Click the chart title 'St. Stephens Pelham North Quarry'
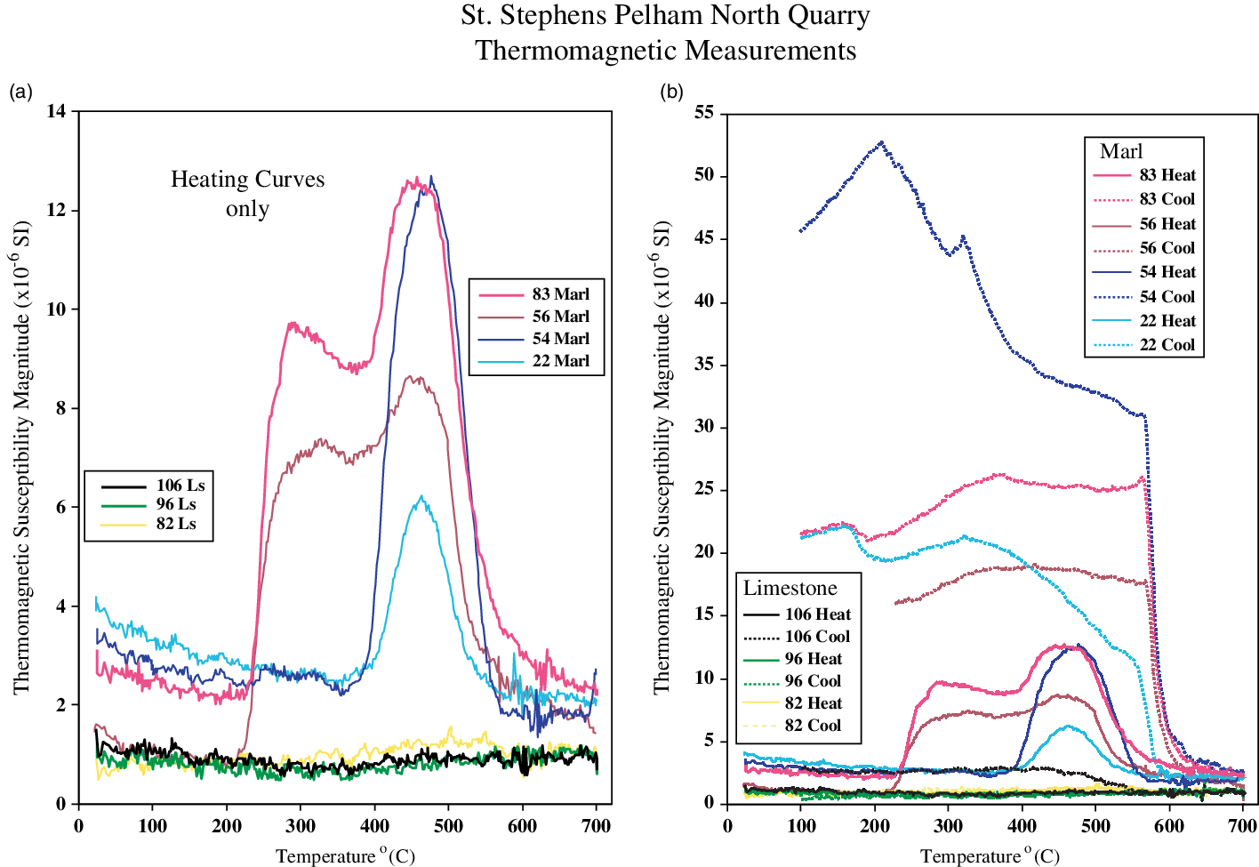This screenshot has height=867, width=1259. [x=665, y=16]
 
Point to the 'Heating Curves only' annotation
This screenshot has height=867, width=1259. [x=247, y=194]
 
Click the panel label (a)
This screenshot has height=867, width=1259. [x=20, y=91]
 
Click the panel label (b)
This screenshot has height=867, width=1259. [x=671, y=91]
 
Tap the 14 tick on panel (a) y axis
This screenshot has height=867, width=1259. [x=57, y=112]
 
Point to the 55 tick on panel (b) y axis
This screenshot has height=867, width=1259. [x=704, y=113]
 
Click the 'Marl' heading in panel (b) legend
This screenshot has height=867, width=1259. [x=1121, y=151]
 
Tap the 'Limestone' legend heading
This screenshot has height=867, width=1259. [x=790, y=588]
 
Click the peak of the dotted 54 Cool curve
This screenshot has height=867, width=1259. [x=881, y=142]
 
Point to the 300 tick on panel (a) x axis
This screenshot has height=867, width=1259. [x=301, y=826]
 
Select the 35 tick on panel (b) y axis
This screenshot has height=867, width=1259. [x=704, y=365]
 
